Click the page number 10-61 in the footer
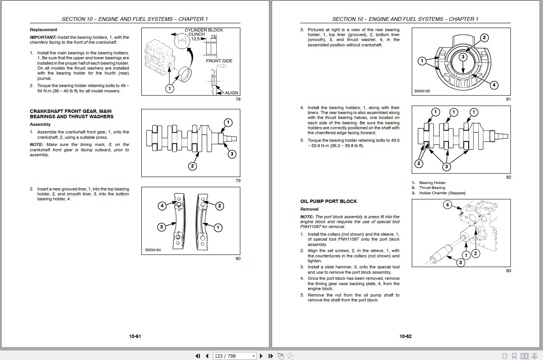135,336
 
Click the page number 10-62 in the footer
405,336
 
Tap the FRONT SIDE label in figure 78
219,61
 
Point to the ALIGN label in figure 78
231,93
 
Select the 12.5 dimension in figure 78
195,39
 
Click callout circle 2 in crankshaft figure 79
193,166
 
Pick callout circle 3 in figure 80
161,227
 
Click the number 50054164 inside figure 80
153,250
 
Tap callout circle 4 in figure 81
494,85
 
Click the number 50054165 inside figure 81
422,91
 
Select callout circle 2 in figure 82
419,163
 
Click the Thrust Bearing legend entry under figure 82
432,188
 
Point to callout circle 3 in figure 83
461,262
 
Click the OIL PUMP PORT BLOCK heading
329,201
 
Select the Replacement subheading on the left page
43,30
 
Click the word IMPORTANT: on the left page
43,37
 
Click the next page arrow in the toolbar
261,356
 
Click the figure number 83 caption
508,271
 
